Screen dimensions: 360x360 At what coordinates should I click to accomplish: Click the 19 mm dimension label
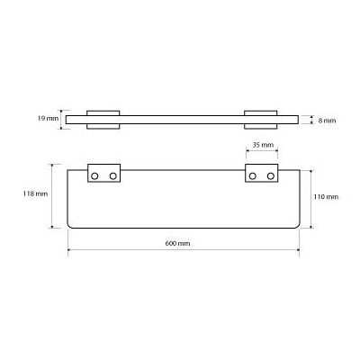(x=48, y=118)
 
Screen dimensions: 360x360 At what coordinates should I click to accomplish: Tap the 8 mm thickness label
(x=327, y=121)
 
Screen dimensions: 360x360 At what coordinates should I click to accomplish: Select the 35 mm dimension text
(x=263, y=145)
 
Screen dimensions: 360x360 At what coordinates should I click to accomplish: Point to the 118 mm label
(x=35, y=193)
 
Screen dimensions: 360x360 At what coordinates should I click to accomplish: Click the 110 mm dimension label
(x=326, y=197)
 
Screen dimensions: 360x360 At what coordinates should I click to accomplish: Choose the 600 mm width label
(x=177, y=243)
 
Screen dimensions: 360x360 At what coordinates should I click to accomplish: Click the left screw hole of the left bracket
(x=94, y=176)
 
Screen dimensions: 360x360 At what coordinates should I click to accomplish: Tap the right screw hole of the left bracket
(x=113, y=176)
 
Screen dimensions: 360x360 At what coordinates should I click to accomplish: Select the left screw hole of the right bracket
(x=253, y=176)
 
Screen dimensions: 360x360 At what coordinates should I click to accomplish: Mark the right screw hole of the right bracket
(x=271, y=176)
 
